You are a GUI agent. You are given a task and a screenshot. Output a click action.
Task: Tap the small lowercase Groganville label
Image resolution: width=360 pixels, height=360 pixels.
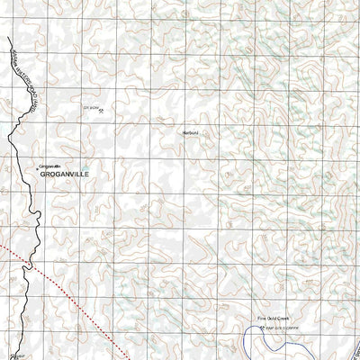50,166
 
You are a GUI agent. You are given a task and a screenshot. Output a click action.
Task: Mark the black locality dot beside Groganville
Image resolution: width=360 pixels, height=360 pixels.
37,167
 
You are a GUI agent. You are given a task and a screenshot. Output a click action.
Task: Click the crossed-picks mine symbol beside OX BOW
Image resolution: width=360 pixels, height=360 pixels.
102,110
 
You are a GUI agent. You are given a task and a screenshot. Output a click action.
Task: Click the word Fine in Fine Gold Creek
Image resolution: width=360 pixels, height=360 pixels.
262,318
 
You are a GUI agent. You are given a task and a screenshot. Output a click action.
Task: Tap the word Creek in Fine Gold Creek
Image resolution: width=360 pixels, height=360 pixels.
282,318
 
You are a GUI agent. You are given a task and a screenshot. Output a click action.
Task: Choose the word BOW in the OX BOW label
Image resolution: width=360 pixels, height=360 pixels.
94,106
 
